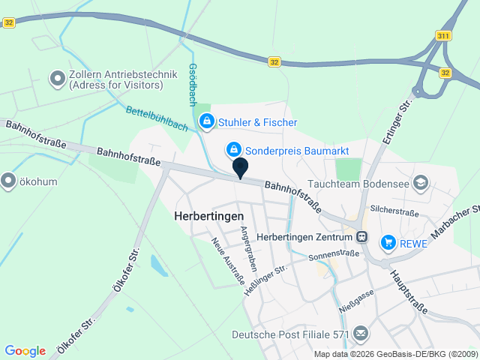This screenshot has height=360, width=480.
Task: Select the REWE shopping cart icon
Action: coord(388,241)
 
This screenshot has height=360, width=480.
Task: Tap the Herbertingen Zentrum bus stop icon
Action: coord(362,236)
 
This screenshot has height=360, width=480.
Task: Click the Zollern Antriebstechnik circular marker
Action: coord(56,78)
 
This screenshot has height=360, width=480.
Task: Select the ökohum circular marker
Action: coord(8,180)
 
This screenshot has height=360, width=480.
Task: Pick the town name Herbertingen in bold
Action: coord(209,214)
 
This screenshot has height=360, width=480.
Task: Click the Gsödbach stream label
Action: coord(193,82)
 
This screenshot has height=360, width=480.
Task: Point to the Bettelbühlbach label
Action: coord(157,120)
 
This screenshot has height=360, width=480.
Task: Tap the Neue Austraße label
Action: coord(228,262)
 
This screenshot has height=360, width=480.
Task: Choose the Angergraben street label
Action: coord(249,249)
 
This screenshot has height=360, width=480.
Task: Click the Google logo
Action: coord(25,351)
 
